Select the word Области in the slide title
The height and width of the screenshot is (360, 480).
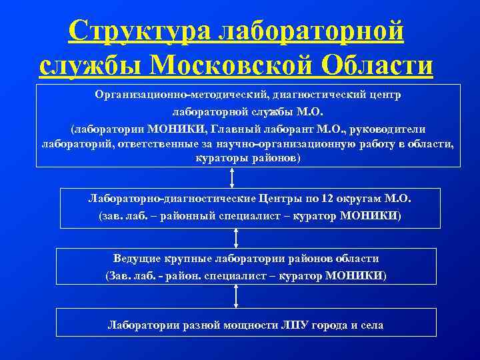click(x=377, y=65)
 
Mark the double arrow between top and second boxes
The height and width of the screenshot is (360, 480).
click(x=232, y=177)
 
